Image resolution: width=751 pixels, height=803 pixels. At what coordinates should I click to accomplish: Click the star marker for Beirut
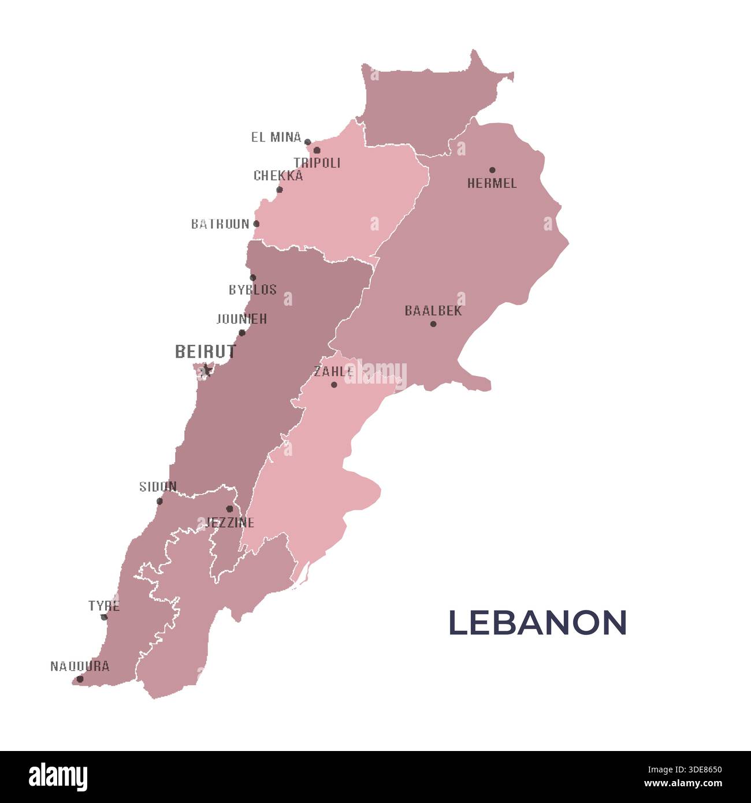pos(206,370)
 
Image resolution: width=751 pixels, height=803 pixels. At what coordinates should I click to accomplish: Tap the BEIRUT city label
pos(206,351)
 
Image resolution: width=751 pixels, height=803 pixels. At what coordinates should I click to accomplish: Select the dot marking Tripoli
pos(317,150)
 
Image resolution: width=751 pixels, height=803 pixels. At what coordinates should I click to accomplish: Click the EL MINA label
pos(276,137)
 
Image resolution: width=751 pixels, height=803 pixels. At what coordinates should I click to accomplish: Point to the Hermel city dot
pos(492,170)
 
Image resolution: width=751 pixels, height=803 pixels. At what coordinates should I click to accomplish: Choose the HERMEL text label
pos(492,184)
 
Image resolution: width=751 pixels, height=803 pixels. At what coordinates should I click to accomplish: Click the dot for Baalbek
pos(433,324)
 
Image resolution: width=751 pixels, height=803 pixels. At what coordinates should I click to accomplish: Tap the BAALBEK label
pos(433,311)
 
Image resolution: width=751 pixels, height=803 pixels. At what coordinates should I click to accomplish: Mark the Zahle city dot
pos(334,384)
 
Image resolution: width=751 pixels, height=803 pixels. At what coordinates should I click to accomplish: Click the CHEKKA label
pos(278,176)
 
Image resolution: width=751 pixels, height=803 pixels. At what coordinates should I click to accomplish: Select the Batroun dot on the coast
pos(256,224)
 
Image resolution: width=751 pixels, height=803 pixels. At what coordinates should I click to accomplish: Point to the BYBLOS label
pos(252,290)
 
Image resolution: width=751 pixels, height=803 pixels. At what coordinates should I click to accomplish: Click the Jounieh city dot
pos(242,333)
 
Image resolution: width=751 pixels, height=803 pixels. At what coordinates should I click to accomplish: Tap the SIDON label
pos(158,487)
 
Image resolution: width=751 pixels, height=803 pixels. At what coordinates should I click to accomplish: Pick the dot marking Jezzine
pos(229,509)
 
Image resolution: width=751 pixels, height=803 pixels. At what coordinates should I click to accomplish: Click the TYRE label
pos(104,606)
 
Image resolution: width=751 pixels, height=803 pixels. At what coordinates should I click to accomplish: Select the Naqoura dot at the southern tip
pos(80,679)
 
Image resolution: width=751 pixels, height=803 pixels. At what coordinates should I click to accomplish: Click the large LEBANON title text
pos(537,623)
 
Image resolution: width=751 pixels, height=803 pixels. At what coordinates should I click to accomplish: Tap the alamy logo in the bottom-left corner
pos(58,777)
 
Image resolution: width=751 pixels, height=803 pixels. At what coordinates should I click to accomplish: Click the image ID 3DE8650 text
pos(684,769)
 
